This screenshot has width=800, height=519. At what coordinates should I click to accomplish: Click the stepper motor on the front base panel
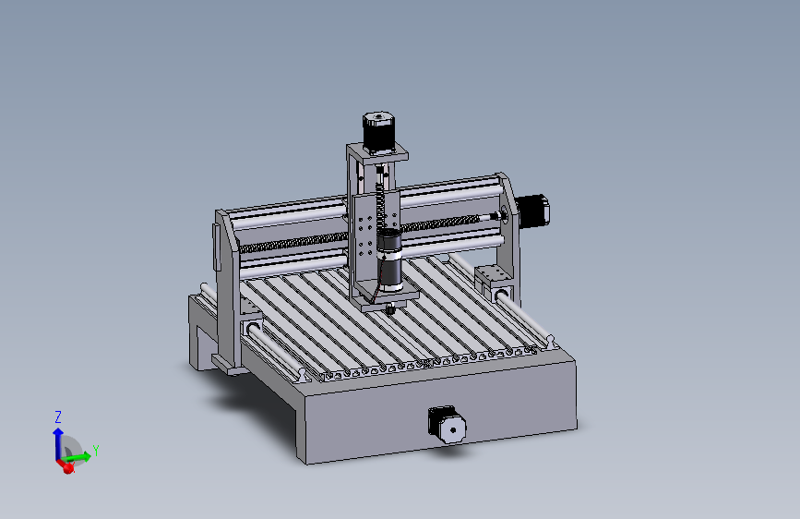[x=448, y=424]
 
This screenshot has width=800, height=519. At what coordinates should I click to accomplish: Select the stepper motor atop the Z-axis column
[x=376, y=131]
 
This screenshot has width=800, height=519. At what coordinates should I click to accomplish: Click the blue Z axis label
[x=57, y=416]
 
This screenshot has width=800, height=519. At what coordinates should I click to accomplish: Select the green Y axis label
[x=96, y=450]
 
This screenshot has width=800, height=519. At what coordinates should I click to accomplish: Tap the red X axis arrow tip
[x=67, y=468]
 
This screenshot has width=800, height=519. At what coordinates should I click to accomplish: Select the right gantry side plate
[x=507, y=226]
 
